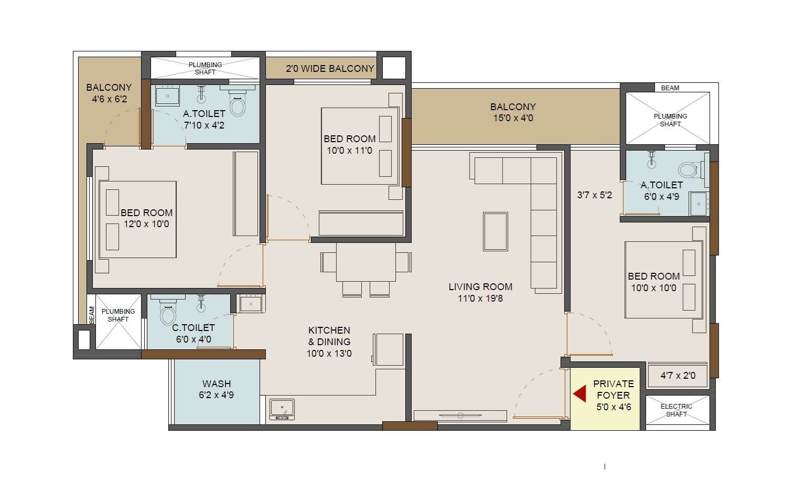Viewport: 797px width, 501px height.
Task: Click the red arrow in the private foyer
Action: [x=579, y=394]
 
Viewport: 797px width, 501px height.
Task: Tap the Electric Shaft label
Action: [x=676, y=410]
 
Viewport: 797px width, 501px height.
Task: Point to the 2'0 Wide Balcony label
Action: [x=330, y=69]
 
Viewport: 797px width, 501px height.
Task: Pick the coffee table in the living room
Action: [x=495, y=231]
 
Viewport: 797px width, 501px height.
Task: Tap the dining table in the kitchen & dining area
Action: [x=366, y=262]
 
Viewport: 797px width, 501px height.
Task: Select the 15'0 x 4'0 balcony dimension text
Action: [x=513, y=119]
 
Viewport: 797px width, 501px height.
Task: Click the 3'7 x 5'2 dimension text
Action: [x=594, y=195]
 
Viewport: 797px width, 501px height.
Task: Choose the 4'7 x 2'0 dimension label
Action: [x=677, y=376]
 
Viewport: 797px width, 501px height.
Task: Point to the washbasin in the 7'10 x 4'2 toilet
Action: [x=167, y=97]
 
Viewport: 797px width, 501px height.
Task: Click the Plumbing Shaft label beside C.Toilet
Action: [x=118, y=315]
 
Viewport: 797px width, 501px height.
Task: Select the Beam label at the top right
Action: [x=670, y=88]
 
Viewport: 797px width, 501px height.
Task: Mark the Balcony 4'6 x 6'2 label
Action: [x=109, y=93]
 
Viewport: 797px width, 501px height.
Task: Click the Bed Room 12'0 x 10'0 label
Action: [x=146, y=218]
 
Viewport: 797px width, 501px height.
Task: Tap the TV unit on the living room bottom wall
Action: [x=460, y=415]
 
